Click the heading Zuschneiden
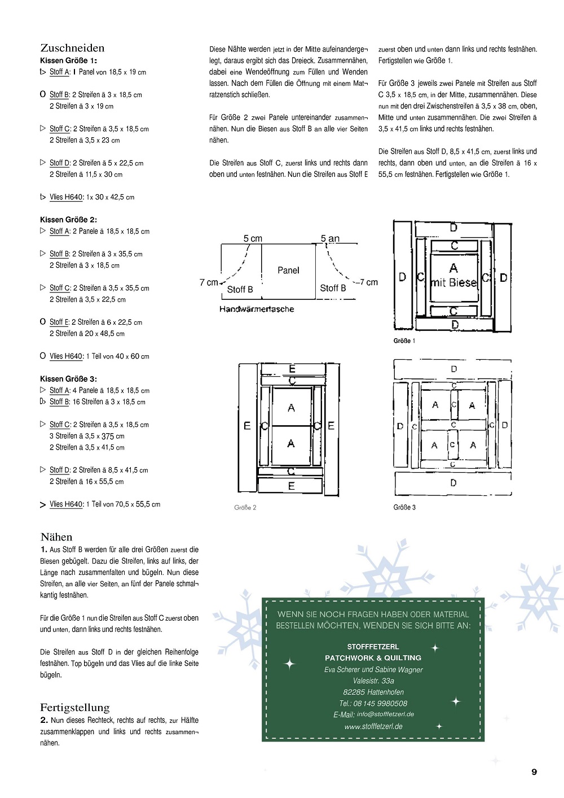click(x=72, y=48)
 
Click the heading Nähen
click(x=56, y=537)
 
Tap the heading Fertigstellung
click(x=74, y=708)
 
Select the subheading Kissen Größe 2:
click(x=68, y=220)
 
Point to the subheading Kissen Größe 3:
click(x=68, y=379)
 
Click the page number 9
click(x=534, y=772)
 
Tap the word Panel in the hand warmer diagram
click(x=288, y=271)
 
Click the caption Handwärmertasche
click(x=257, y=309)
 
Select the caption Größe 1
click(x=404, y=341)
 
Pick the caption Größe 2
click(x=245, y=508)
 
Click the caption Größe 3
click(x=404, y=508)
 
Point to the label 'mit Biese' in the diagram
click(x=454, y=283)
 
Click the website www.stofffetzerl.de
click(x=373, y=727)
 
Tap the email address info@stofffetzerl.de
click(x=385, y=714)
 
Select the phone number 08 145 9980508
click(x=380, y=704)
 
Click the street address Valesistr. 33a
click(x=373, y=681)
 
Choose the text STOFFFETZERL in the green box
click(x=373, y=647)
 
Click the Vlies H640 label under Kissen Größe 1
click(x=67, y=197)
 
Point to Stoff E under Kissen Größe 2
click(x=59, y=322)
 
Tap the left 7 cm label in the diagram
click(x=209, y=282)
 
